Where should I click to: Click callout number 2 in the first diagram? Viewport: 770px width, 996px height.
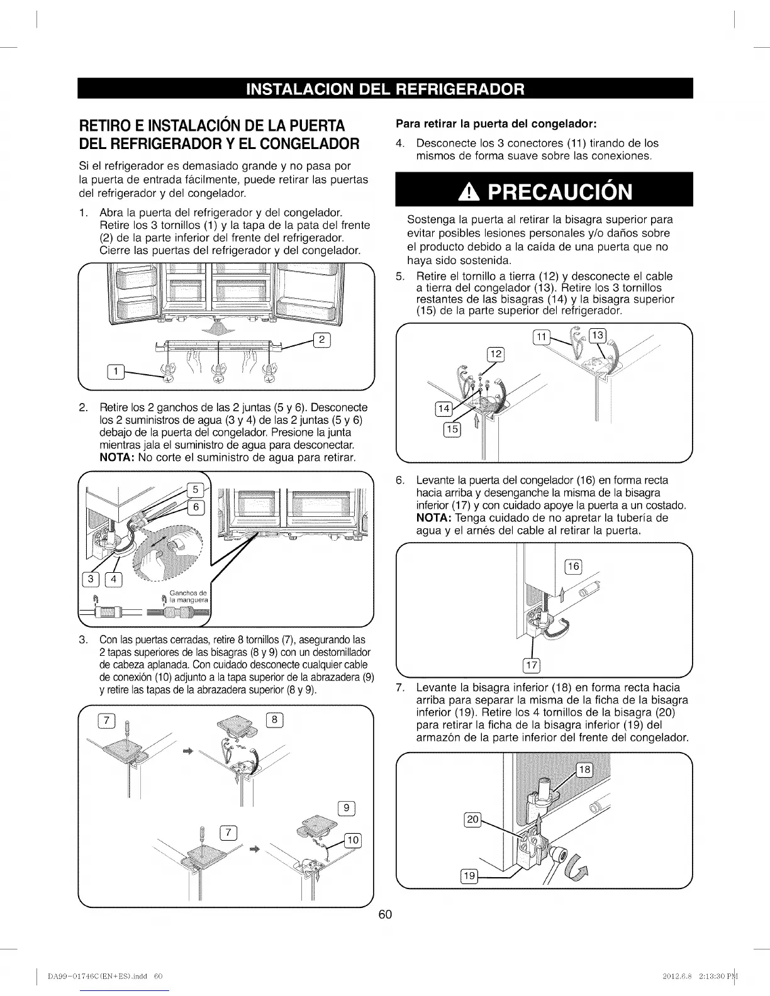click(x=321, y=340)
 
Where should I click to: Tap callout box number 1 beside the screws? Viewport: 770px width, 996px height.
click(x=116, y=372)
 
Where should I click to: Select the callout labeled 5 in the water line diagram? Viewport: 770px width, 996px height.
click(x=195, y=490)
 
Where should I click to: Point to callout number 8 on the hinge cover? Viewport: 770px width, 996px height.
click(x=274, y=720)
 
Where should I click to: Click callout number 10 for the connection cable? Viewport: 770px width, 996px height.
click(x=353, y=840)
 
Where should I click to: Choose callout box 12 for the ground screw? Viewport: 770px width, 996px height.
click(x=496, y=354)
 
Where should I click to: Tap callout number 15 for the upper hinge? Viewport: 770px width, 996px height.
click(x=452, y=429)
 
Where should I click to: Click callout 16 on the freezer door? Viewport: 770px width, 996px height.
click(x=573, y=567)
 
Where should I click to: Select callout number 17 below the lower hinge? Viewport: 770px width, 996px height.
click(x=532, y=665)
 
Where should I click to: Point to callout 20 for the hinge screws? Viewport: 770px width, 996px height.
click(x=472, y=819)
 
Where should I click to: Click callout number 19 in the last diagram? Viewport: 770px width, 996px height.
click(x=469, y=876)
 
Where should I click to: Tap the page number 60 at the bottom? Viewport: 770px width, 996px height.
click(x=385, y=915)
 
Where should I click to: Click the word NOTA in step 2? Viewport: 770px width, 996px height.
click(x=116, y=458)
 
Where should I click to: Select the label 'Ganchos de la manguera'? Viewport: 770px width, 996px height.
click(x=189, y=596)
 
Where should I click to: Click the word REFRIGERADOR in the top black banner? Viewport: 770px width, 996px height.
click(x=460, y=89)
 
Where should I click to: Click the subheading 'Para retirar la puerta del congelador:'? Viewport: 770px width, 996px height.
click(x=496, y=124)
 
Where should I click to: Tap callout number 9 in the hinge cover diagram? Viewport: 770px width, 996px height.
click(x=346, y=808)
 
